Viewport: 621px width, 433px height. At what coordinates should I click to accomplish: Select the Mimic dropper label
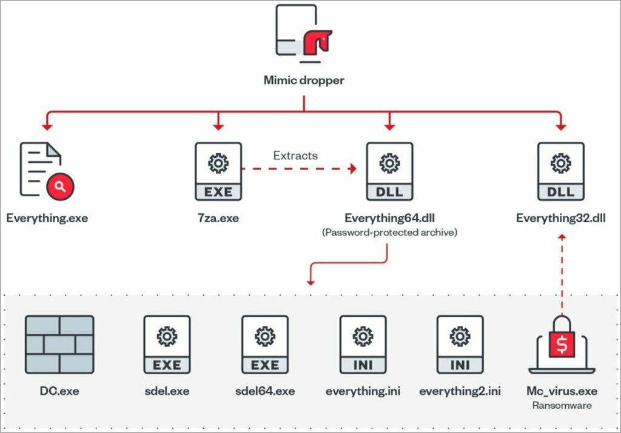tap(304, 80)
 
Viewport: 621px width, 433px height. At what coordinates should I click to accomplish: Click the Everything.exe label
tap(47, 218)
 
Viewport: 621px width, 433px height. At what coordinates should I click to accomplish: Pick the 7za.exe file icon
tap(218, 171)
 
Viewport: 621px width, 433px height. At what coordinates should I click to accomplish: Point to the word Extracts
tap(295, 156)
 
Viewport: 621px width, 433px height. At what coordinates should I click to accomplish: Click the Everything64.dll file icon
tap(389, 171)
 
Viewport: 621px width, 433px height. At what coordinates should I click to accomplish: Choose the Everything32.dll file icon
tap(561, 171)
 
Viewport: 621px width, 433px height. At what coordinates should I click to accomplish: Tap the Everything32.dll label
tap(561, 218)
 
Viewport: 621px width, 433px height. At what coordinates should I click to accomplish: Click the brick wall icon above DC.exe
tap(59, 344)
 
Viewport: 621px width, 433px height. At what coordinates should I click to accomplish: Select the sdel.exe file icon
tap(167, 344)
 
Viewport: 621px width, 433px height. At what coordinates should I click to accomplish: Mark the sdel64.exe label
tap(265, 391)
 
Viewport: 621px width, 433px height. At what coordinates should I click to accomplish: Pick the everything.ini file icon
tap(363, 344)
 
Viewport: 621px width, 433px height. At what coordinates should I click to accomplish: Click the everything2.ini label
tap(460, 391)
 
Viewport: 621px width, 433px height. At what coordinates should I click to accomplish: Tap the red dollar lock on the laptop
tap(561, 345)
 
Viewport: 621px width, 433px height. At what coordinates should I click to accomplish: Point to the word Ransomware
tap(561, 406)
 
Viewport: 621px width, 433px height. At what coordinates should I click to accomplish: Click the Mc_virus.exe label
tap(561, 391)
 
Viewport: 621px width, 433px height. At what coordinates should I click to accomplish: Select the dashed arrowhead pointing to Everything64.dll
tap(351, 169)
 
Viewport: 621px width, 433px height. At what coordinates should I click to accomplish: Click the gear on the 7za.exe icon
tap(218, 163)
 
